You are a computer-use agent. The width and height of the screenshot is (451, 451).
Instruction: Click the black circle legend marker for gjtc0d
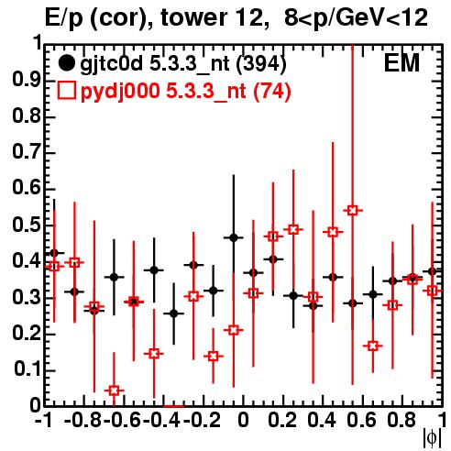pos(66,63)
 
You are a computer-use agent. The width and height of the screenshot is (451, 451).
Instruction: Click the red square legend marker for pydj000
pos(66,91)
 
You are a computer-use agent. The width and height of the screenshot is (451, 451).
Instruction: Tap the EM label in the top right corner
pos(401,63)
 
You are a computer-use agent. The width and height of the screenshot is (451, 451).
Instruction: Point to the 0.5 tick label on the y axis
pos(27,225)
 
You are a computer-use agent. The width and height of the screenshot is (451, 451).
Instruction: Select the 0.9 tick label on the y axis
pos(27,80)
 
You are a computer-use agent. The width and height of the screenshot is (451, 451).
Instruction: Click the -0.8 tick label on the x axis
pos(83,420)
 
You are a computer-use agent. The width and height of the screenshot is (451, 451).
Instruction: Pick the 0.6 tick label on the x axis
pos(362,420)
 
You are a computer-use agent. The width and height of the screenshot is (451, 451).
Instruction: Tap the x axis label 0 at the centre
pos(243,420)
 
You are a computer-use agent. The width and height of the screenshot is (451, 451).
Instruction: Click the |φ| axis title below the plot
pos(432,438)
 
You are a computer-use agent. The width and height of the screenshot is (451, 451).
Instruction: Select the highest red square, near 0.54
pos(353,211)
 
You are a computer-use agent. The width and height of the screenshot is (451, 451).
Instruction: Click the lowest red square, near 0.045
pos(114,390)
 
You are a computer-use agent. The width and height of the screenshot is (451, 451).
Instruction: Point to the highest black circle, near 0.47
pos(234,237)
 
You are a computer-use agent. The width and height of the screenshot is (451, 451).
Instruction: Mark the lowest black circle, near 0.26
pos(174,313)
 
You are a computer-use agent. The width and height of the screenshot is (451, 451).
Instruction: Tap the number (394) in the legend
pos(261,64)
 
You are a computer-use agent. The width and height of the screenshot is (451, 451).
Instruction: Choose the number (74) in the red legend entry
pos(272,91)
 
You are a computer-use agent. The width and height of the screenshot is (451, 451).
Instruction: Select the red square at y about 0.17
pos(372,346)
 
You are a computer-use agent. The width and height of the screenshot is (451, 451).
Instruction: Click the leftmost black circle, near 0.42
pos(54,253)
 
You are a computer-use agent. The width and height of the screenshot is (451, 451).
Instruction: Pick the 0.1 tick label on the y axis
pos(27,369)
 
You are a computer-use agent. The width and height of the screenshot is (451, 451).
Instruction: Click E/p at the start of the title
pos(63,18)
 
